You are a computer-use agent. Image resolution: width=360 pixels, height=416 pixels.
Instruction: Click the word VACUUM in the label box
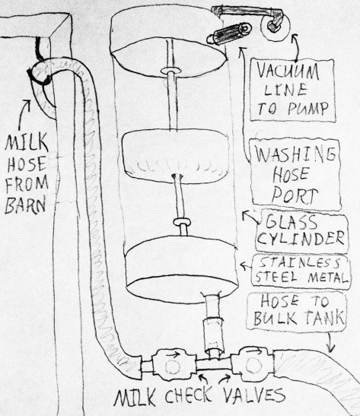pos(288,71)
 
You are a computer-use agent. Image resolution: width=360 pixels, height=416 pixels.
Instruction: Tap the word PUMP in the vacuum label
pos(308,109)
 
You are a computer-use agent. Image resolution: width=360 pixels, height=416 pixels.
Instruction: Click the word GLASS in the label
pos(292,223)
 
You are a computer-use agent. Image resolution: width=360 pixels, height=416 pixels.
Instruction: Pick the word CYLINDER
pos(301,238)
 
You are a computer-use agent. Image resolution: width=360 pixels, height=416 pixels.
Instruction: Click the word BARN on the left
pos(25,205)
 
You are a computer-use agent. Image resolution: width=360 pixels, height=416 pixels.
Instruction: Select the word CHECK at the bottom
pos(189,395)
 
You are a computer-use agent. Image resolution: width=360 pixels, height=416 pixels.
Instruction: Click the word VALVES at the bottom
pos(253,395)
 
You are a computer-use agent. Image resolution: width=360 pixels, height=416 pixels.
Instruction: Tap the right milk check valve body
pos(252,365)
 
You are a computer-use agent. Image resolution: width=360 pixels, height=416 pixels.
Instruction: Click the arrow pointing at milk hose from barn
pos(24,113)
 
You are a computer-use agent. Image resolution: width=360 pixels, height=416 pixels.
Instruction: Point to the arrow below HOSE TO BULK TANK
pos(330,342)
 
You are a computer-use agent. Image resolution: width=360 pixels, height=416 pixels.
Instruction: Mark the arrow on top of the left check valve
pos(173,354)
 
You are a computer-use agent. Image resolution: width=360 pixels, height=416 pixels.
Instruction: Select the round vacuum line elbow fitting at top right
pos(275,26)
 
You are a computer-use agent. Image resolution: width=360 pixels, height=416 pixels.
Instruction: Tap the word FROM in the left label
pos(27,184)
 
